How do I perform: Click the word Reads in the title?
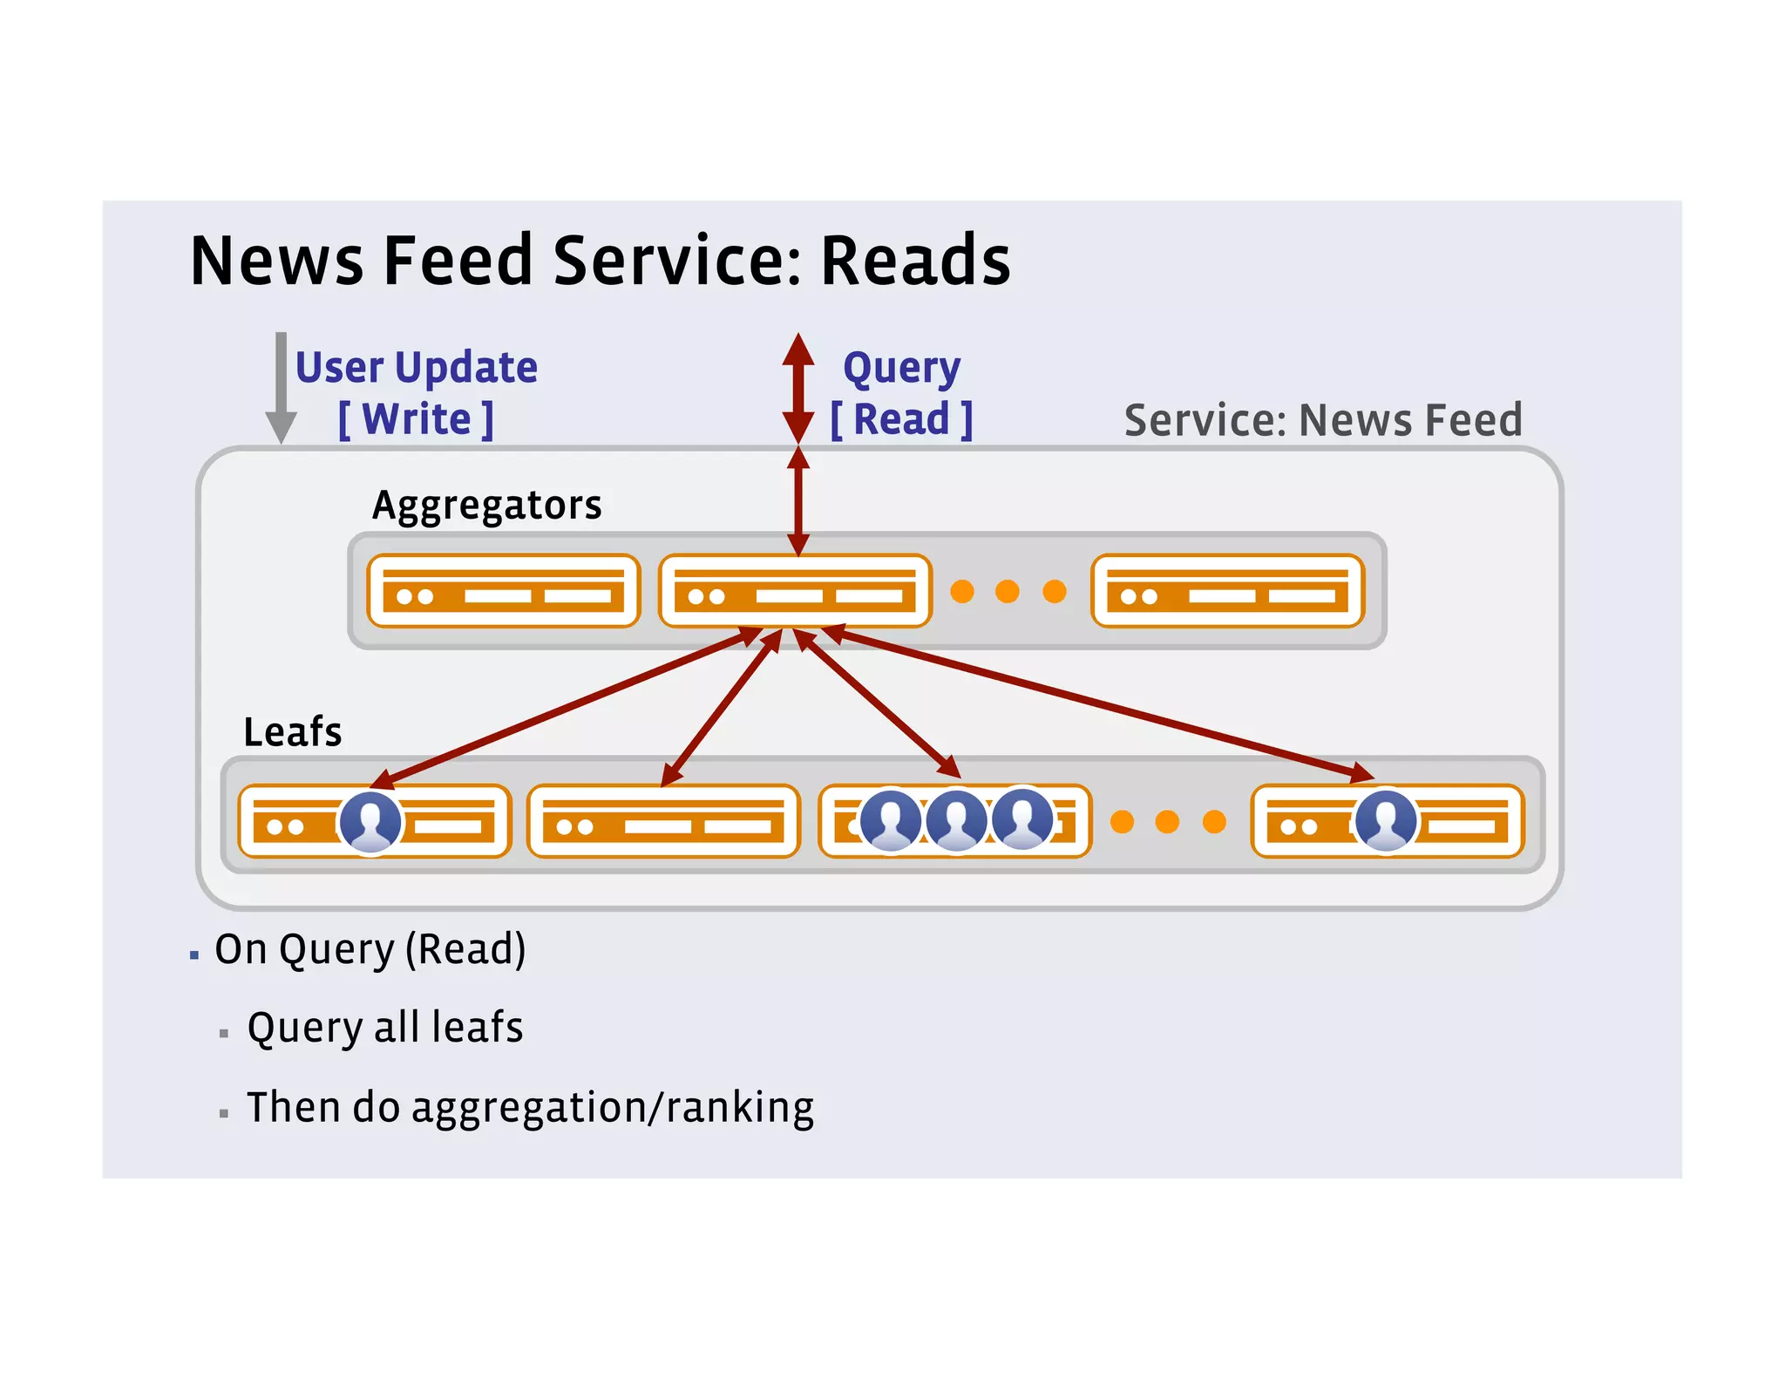[914, 261]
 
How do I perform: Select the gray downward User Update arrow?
[281, 388]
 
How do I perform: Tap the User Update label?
[417, 367]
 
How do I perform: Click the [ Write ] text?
[417, 419]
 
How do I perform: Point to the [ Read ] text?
[901, 419]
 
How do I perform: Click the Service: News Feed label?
[1322, 420]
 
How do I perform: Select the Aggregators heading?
[486, 505]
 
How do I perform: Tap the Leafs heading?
[292, 731]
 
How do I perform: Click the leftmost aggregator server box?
[503, 591]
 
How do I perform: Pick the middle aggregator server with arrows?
[794, 591]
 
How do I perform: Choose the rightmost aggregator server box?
[1227, 591]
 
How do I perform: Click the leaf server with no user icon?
[663, 821]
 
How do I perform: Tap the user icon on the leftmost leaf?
[370, 821]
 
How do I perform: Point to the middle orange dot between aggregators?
[1008, 591]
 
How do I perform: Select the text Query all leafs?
[384, 1027]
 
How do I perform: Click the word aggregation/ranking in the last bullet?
[613, 1107]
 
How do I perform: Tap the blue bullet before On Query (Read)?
[194, 955]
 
